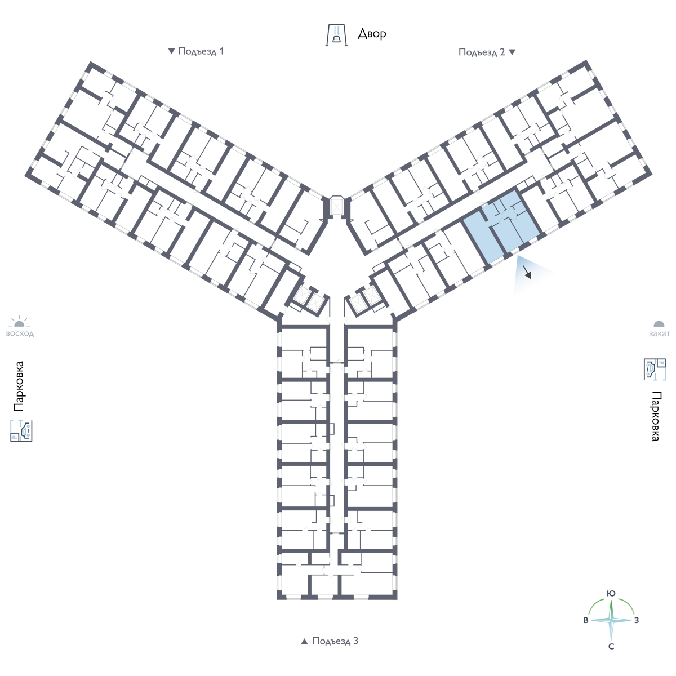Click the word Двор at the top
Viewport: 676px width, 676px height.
tap(372, 34)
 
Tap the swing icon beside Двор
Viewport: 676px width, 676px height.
tap(336, 35)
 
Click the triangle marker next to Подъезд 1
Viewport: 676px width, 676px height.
tap(171, 51)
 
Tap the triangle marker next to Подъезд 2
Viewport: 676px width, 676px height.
tap(512, 52)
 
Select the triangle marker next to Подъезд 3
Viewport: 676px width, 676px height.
tap(305, 641)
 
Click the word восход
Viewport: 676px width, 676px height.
tap(20, 333)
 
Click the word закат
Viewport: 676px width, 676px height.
tap(660, 333)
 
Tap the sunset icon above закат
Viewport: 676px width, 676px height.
tap(659, 324)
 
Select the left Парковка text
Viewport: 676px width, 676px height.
tap(18, 386)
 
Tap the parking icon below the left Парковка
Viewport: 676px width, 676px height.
tap(21, 430)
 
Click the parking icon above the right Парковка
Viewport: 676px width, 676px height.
tap(655, 369)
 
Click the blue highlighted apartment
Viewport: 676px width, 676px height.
tap(502, 226)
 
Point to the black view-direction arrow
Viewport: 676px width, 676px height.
tap(527, 272)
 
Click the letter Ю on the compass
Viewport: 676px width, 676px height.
tap(611, 594)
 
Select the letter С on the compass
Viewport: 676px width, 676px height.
tap(611, 647)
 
